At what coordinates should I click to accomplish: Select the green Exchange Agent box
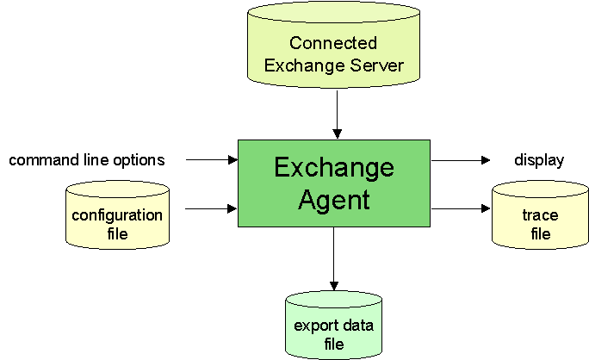point(334,183)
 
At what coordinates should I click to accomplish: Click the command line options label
point(87,159)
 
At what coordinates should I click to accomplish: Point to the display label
point(539,159)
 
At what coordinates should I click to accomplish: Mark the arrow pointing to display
point(461,159)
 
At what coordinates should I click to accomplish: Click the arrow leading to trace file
point(461,208)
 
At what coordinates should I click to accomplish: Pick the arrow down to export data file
point(334,258)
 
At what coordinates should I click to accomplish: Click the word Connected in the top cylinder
point(333,43)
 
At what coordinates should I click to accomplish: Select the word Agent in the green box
point(334,200)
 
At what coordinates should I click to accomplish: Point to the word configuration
point(117,214)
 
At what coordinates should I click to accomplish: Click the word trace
point(540,215)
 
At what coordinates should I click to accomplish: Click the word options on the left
point(138,160)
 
